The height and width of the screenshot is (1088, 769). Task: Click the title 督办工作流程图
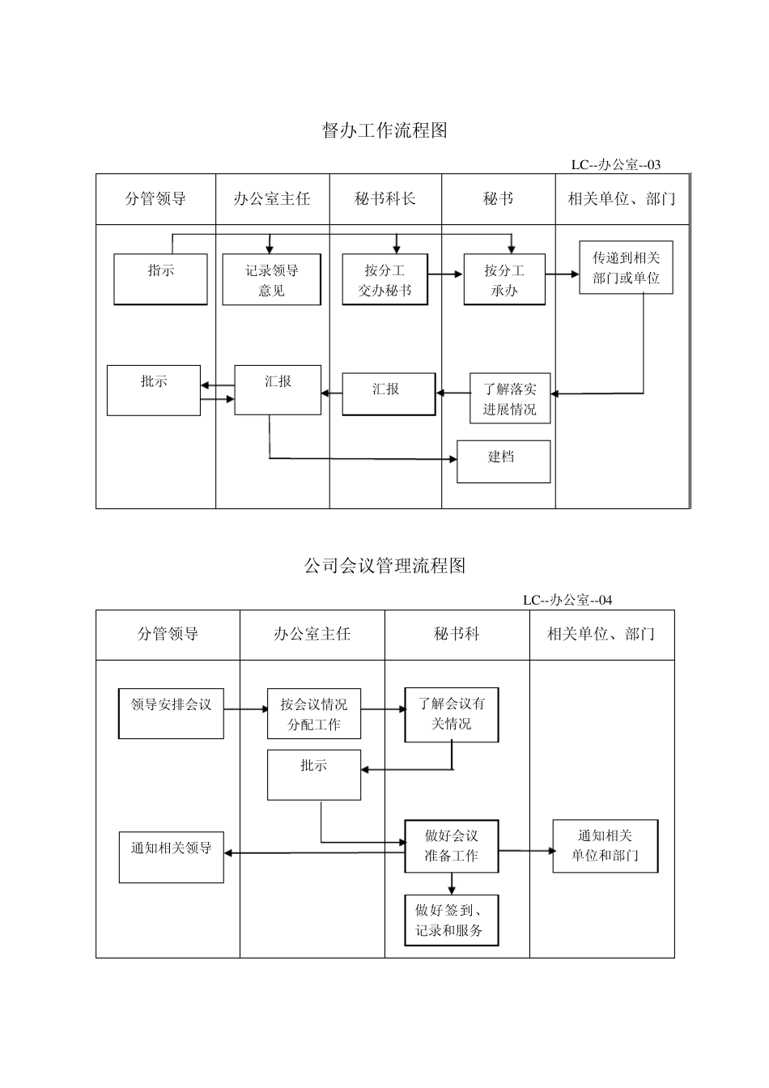pyautogui.click(x=384, y=130)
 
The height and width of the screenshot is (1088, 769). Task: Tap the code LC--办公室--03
pyautogui.click(x=615, y=165)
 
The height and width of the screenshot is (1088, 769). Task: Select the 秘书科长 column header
pyautogui.click(x=385, y=199)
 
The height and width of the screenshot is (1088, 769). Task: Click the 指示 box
pyautogui.click(x=160, y=279)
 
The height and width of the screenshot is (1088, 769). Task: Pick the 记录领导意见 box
pyautogui.click(x=272, y=280)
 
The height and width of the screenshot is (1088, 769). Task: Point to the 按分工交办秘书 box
pyautogui.click(x=384, y=280)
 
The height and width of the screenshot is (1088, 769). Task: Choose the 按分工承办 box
pyautogui.click(x=504, y=280)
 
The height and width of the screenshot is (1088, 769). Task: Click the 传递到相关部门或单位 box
pyautogui.click(x=626, y=268)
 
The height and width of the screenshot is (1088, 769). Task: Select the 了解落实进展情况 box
pyautogui.click(x=510, y=398)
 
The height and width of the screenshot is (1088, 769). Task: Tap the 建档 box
pyautogui.click(x=503, y=461)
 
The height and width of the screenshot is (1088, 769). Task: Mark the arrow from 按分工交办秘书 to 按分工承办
pyautogui.click(x=445, y=274)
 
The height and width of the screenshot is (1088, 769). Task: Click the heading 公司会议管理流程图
pyautogui.click(x=384, y=566)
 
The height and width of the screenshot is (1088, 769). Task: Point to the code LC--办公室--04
pyautogui.click(x=567, y=600)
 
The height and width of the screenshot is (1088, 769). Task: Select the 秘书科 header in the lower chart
pyautogui.click(x=457, y=635)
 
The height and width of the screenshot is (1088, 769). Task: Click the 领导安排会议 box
pyautogui.click(x=171, y=713)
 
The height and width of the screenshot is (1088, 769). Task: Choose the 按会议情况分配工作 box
pyautogui.click(x=314, y=714)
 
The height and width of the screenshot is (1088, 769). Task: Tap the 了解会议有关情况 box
pyautogui.click(x=452, y=714)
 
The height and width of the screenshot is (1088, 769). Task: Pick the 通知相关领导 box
pyautogui.click(x=171, y=857)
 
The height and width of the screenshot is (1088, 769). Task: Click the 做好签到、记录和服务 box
pyautogui.click(x=452, y=920)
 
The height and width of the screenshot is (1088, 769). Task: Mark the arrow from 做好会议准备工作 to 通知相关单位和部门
pyautogui.click(x=525, y=851)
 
